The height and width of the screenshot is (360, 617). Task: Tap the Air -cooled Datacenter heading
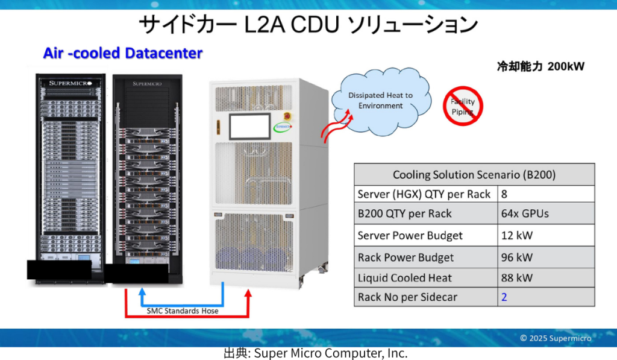(122, 53)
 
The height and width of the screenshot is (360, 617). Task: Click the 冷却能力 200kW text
(540, 66)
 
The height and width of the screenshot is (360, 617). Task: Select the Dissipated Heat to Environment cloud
(380, 101)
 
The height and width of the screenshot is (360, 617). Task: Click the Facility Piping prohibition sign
(463, 106)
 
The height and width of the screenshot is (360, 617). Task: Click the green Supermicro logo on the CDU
(282, 127)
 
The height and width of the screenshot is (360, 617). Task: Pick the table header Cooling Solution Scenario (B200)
(474, 175)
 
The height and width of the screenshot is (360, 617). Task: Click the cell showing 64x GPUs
(525, 213)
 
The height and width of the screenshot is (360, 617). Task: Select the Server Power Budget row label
(410, 235)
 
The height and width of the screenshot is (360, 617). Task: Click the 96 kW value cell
(517, 257)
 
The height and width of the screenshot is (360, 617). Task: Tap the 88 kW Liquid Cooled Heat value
(517, 278)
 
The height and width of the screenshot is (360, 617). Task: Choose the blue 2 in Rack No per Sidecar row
(504, 297)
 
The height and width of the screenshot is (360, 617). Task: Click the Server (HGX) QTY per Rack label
(424, 194)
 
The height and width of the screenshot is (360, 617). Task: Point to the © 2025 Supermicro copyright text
(556, 338)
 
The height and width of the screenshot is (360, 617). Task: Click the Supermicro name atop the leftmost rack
(70, 83)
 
